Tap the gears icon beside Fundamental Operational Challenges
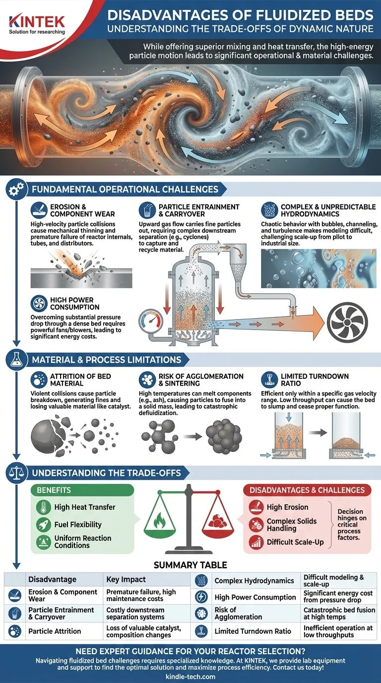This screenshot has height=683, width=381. (16, 189)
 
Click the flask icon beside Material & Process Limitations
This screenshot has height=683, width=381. (16, 360)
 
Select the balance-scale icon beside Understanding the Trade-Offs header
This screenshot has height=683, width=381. (16, 473)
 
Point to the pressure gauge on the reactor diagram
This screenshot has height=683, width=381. (151, 320)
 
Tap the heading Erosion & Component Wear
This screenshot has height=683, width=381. (83, 210)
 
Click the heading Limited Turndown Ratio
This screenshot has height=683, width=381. (315, 380)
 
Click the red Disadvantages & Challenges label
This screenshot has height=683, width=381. (307, 490)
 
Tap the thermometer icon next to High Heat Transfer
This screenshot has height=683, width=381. (43, 507)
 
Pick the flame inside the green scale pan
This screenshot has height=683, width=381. (159, 520)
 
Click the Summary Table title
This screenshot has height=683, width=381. (190, 565)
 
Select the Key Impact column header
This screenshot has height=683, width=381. (126, 579)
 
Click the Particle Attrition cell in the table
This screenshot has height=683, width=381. (55, 631)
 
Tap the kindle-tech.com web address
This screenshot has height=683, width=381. (190, 677)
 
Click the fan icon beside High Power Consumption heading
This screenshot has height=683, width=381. (39, 303)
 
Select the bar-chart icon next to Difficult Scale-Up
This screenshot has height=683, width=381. (256, 542)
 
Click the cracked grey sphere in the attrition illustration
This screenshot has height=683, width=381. (49, 435)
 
